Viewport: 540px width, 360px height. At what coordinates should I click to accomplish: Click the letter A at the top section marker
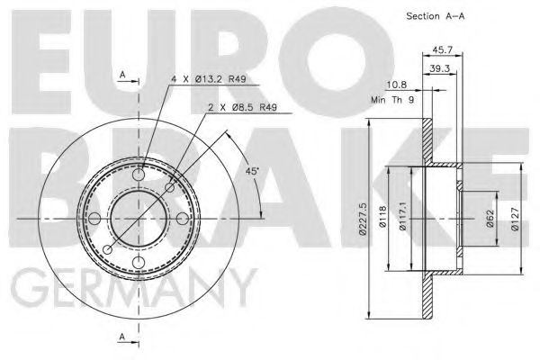[x=121, y=75]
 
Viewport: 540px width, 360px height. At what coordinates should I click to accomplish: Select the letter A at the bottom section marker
[x=121, y=337]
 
